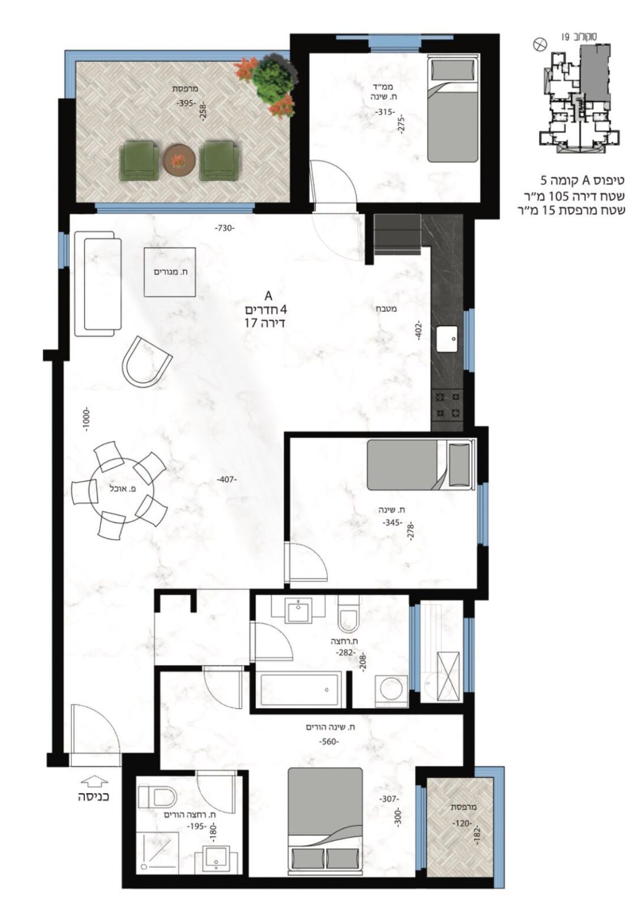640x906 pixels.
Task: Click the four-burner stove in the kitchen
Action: click(x=448, y=405)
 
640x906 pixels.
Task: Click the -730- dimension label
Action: click(x=225, y=228)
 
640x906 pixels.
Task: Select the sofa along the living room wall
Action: click(x=99, y=284)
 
